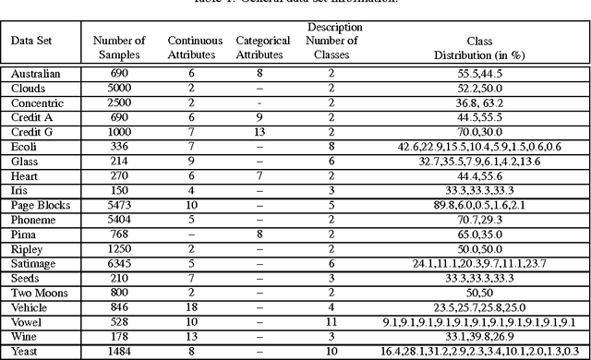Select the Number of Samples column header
120,47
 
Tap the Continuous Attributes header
192,47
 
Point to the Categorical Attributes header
262,47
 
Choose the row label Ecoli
25,146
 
